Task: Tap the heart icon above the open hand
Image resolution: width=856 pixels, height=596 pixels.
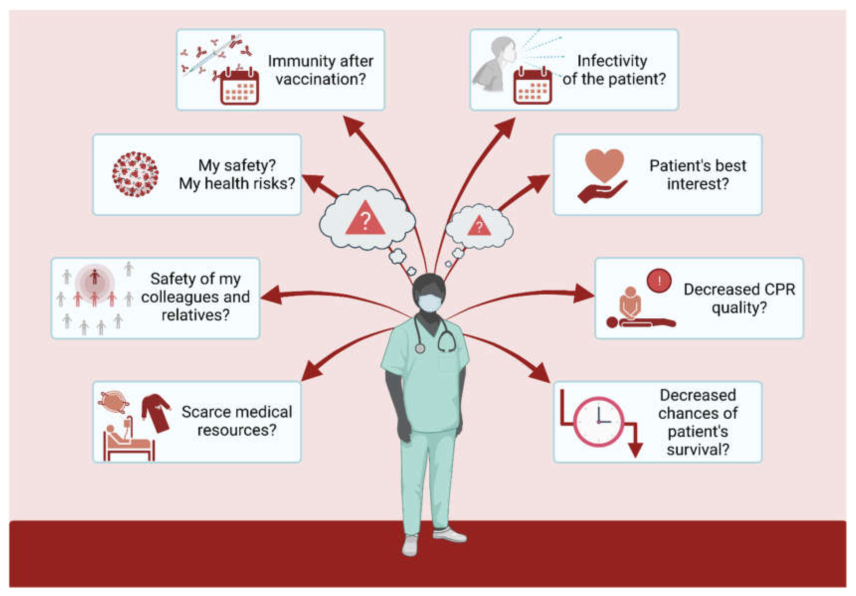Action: (x=604, y=164)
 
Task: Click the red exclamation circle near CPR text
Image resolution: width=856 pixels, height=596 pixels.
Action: (x=659, y=280)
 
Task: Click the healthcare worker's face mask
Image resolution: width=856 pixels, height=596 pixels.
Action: (x=429, y=302)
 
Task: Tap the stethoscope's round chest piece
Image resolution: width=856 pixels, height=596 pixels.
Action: (x=420, y=348)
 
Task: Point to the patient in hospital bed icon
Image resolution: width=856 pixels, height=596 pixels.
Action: (x=127, y=442)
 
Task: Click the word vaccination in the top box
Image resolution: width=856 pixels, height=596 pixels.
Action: (x=321, y=79)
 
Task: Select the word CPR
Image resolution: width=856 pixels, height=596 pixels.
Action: (x=778, y=289)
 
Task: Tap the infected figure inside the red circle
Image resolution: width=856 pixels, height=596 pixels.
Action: (x=95, y=278)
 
